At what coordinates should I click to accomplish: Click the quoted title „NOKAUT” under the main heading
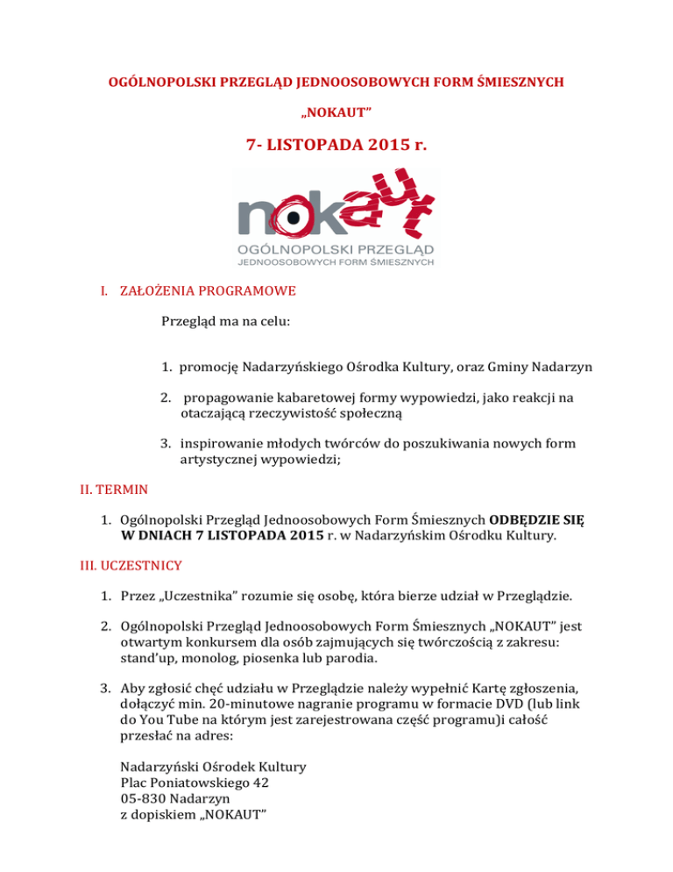(336, 113)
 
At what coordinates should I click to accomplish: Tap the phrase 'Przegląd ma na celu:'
(225, 321)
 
